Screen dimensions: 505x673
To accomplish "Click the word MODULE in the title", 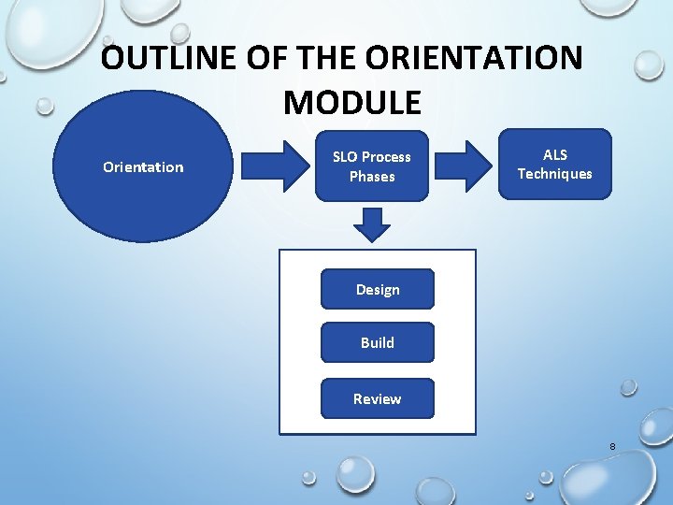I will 351,102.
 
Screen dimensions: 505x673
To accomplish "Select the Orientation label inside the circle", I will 143,167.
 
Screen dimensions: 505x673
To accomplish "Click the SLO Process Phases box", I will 372,166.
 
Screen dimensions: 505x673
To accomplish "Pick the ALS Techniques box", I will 554,164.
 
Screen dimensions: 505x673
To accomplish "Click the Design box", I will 378,290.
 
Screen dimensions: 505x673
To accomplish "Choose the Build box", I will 378,342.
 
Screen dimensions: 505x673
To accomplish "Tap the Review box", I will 378,398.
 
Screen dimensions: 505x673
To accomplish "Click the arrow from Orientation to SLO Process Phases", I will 276,166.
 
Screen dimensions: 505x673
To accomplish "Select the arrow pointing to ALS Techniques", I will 464,166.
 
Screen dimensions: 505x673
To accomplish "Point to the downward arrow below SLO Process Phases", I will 372,224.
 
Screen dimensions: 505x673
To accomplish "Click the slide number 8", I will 612,447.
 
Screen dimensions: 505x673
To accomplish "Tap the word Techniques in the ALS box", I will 554,174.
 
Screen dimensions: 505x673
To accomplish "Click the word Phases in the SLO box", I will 372,177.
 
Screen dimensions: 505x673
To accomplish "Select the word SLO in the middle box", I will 345,157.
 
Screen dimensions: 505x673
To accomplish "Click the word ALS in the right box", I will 554,154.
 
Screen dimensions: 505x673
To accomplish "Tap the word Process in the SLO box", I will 386,157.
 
